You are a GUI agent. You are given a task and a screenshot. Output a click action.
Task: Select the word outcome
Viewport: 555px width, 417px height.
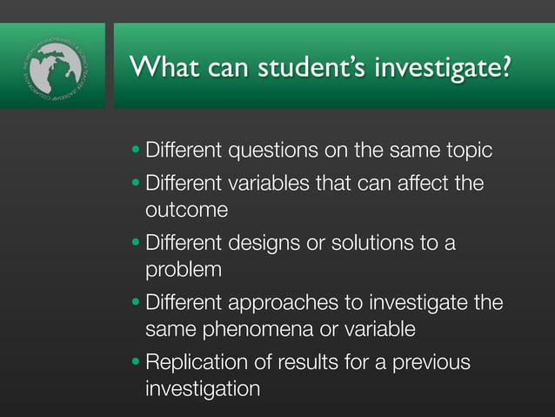[186, 210]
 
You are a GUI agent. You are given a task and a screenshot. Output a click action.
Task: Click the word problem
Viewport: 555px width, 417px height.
[184, 269]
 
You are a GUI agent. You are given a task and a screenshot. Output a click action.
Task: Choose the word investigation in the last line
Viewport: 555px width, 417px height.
[202, 387]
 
